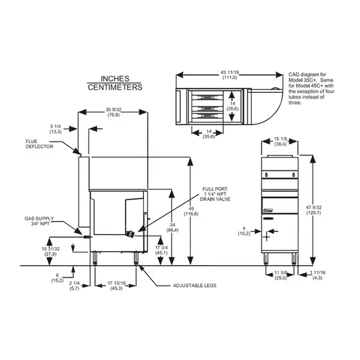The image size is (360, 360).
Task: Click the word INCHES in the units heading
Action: (x=115, y=79)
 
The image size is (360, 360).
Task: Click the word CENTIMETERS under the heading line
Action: (x=115, y=87)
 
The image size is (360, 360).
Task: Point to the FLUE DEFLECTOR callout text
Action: (x=40, y=143)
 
